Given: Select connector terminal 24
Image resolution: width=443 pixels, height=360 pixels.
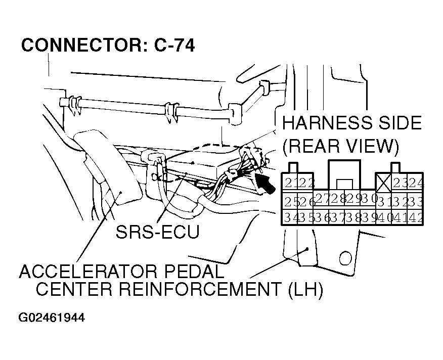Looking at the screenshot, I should tap(417, 183).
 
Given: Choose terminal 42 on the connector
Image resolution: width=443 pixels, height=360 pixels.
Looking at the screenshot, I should tap(417, 218).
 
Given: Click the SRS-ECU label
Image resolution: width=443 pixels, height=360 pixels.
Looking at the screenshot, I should tap(157, 232).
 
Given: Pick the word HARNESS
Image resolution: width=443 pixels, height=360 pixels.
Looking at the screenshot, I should tap(318, 123).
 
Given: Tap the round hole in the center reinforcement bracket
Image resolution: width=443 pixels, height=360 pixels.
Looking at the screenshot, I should tap(346, 258).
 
